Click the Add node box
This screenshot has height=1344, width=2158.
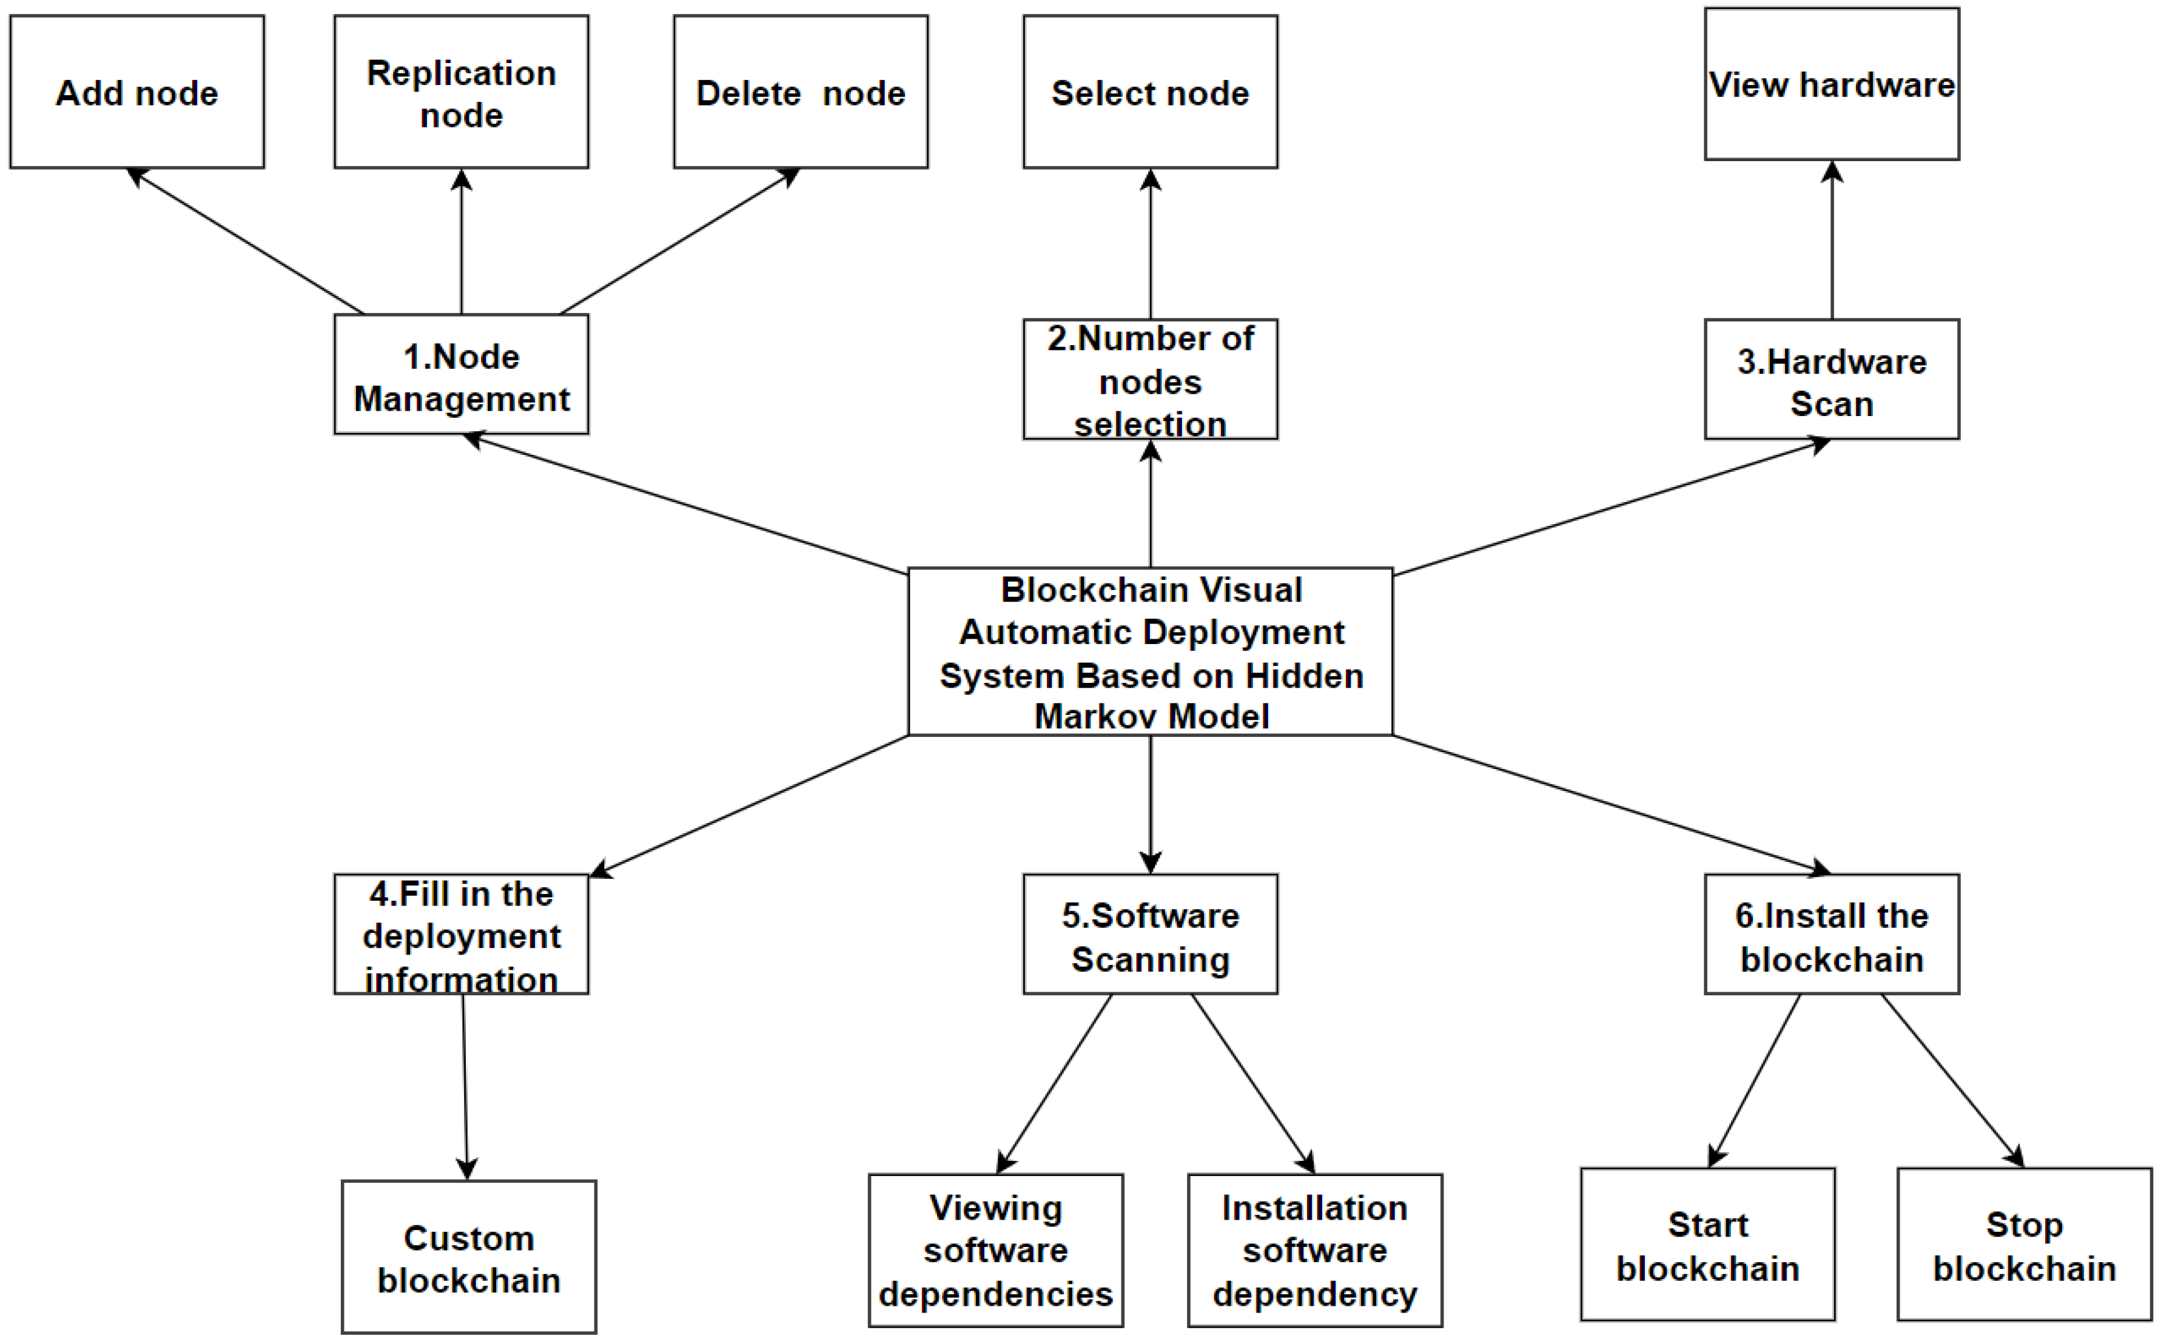[137, 92]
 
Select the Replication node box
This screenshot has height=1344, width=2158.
[462, 92]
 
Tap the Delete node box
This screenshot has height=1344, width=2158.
[800, 92]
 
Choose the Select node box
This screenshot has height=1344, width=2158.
[1150, 92]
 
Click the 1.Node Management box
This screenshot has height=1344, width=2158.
[462, 375]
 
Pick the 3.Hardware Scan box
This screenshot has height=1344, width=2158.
[1831, 380]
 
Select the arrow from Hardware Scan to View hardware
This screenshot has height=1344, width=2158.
[1832, 240]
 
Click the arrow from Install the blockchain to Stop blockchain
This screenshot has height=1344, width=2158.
[1952, 1081]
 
